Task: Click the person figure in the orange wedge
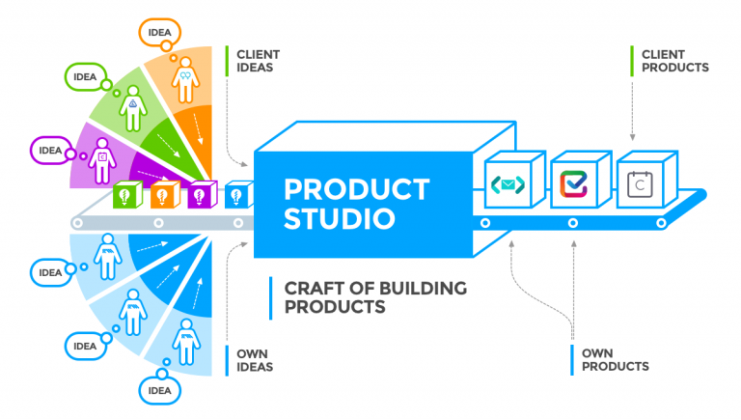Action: tap(185, 79)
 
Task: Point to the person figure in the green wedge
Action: tap(133, 108)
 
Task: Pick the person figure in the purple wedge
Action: tap(102, 161)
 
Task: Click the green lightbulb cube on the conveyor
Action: tap(127, 194)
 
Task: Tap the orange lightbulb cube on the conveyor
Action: tap(165, 194)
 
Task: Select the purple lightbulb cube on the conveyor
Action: tap(203, 194)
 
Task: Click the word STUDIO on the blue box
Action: tap(340, 218)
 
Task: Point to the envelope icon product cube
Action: tap(515, 180)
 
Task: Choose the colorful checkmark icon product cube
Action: tap(581, 180)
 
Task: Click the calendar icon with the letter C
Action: tap(640, 184)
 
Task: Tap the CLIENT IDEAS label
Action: tap(258, 61)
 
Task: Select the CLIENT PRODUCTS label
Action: tap(674, 61)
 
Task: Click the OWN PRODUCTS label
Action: tap(616, 360)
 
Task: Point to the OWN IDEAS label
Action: tap(255, 360)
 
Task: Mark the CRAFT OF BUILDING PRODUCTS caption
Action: tap(375, 297)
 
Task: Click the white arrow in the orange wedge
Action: tap(198, 128)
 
